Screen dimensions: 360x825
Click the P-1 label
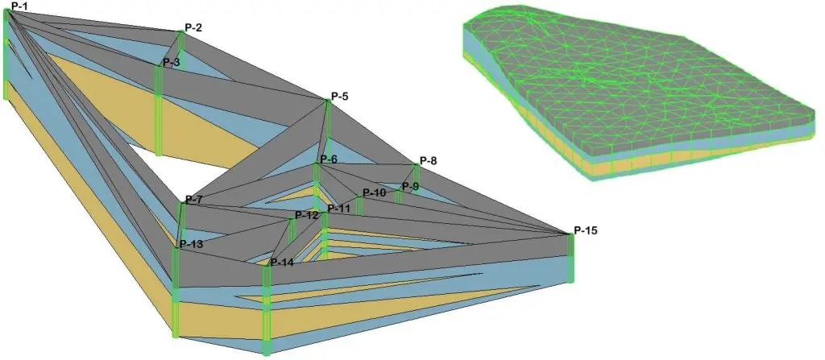[15, 7]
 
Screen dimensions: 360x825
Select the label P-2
[193, 27]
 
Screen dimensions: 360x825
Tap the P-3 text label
[171, 62]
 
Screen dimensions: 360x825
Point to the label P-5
[340, 97]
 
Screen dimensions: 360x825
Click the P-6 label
[328, 159]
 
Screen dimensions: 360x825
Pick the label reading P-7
[194, 199]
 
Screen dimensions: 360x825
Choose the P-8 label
[429, 161]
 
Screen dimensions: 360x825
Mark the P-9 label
[410, 187]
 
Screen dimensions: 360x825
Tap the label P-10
[374, 193]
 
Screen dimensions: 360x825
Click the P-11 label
[339, 209]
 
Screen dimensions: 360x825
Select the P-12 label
[307, 215]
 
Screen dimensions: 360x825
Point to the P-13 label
[191, 244]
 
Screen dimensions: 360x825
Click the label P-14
[282, 263]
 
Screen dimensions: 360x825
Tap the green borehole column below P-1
[6, 56]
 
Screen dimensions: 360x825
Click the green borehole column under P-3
[159, 109]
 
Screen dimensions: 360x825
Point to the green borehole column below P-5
[328, 129]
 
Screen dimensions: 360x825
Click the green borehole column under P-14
[267, 310]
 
